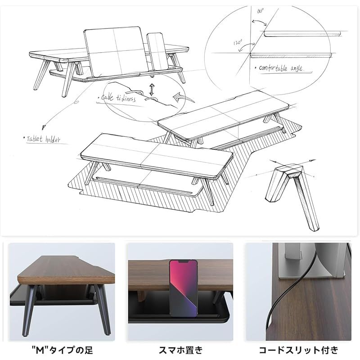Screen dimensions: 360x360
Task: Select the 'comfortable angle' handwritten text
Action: tap(281, 69)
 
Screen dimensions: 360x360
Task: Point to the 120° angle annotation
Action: tap(239, 43)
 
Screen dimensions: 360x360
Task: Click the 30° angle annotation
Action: tap(260, 12)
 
